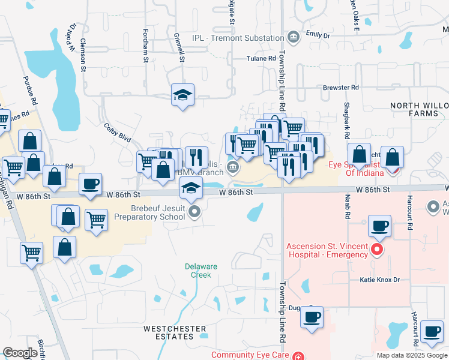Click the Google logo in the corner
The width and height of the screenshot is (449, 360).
(20, 353)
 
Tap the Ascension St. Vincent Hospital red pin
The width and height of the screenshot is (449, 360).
(377, 248)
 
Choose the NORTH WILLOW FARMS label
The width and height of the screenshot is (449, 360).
(419, 109)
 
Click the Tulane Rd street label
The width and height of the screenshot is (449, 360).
(261, 58)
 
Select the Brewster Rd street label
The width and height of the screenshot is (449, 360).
(340, 88)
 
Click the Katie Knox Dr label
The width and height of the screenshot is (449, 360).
(379, 280)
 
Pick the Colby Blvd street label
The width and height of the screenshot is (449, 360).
(117, 132)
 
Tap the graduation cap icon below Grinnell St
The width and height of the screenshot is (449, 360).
(182, 95)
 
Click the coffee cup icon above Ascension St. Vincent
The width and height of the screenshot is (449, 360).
(379, 226)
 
